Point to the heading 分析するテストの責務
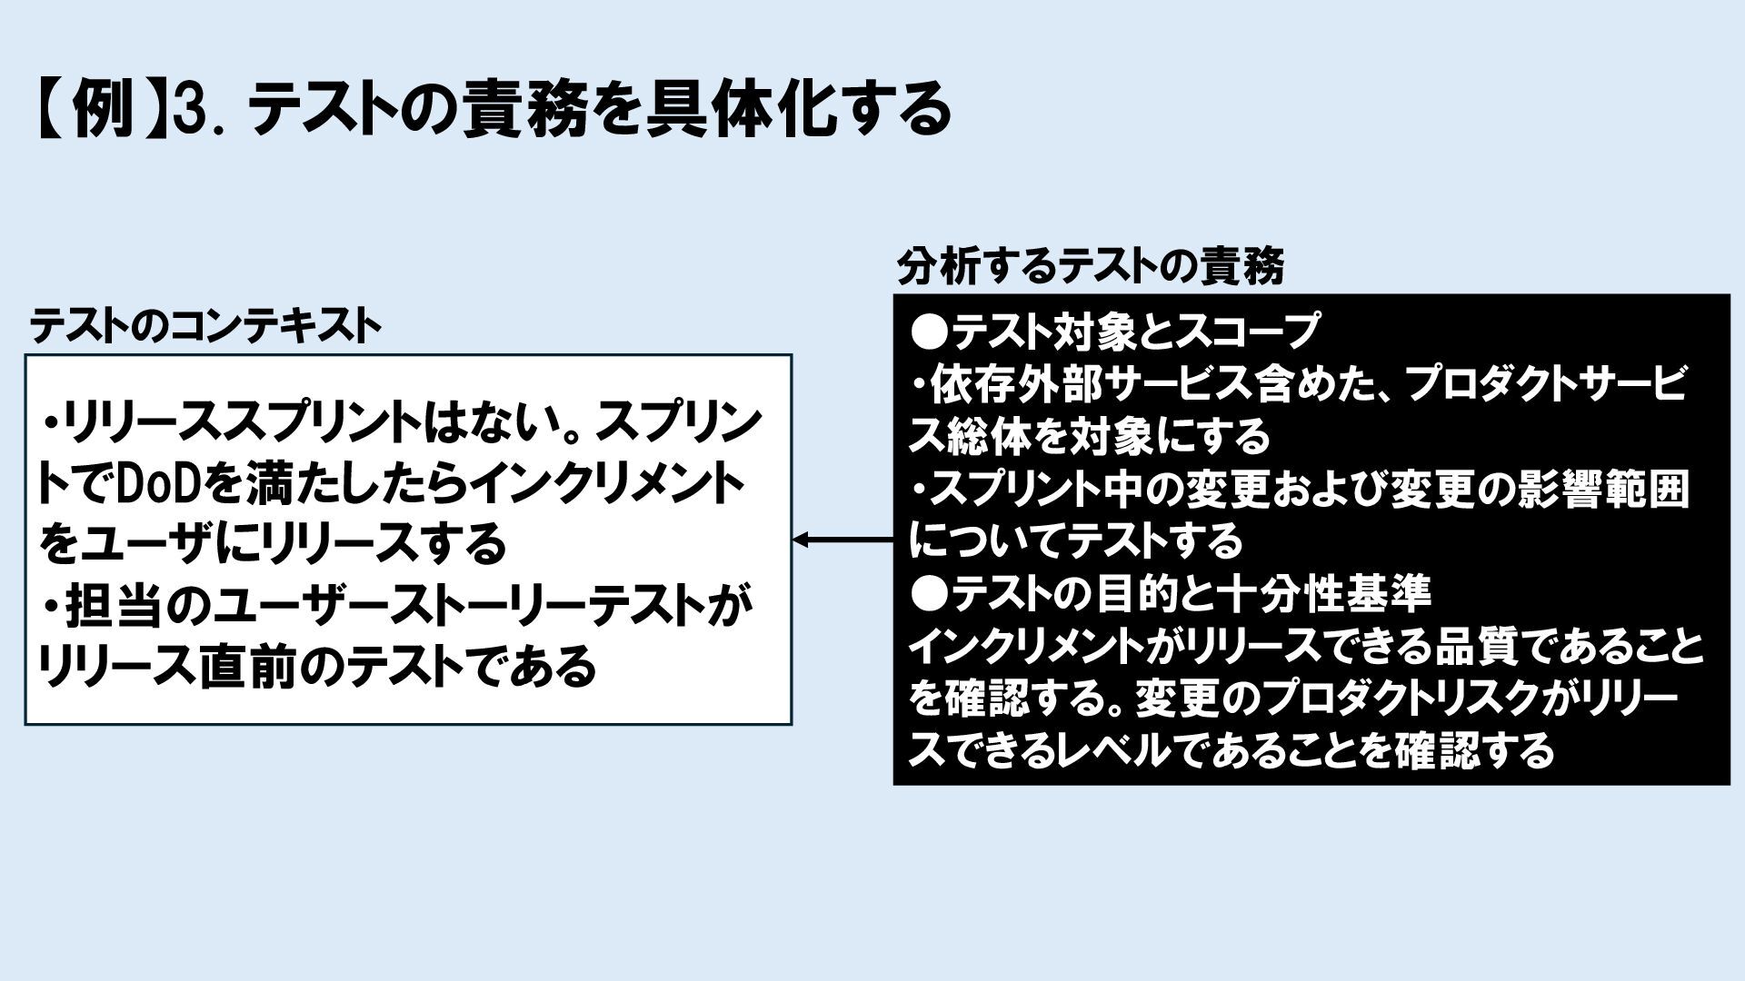pyautogui.click(x=1091, y=267)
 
